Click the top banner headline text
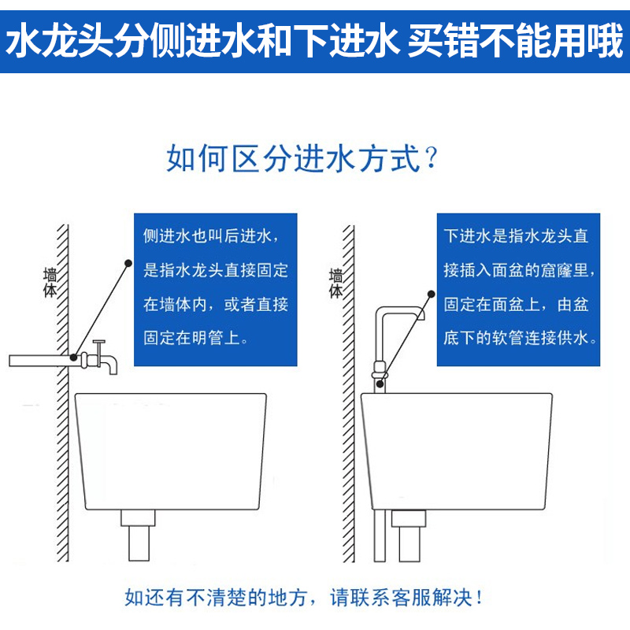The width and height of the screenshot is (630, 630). pyautogui.click(x=315, y=41)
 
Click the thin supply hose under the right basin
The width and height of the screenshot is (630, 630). pyautogui.click(x=380, y=543)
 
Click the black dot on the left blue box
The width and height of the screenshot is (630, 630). pyautogui.click(x=127, y=261)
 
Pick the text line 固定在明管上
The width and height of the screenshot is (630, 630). pyautogui.click(x=196, y=339)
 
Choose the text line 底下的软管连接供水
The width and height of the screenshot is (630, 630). pyautogui.click(x=520, y=339)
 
